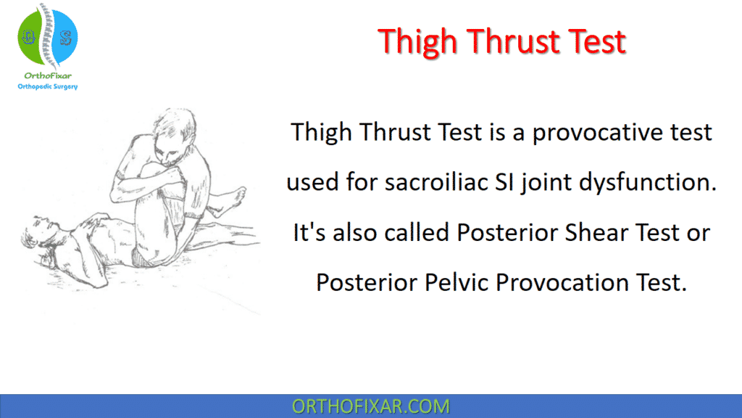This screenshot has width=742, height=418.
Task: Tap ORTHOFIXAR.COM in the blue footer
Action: pos(370,406)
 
